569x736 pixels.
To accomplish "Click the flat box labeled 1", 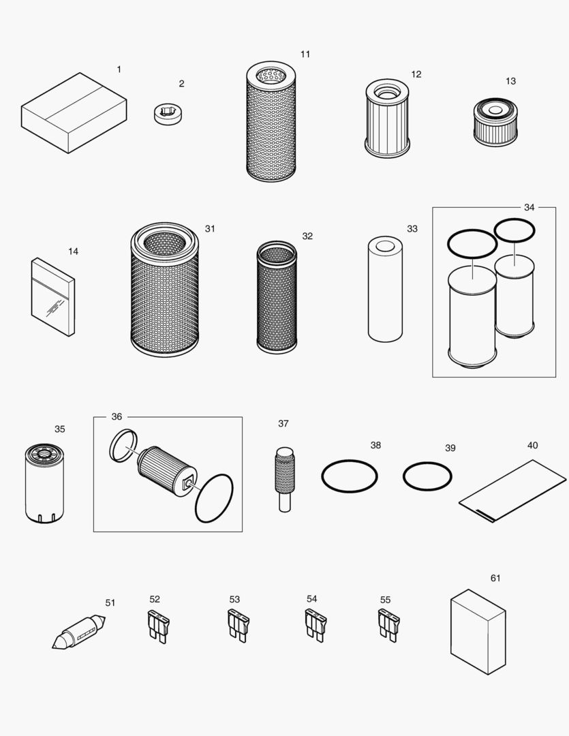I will pos(74,113).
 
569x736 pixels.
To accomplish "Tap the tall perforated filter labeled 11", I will pos(271,123).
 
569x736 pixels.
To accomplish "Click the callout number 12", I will pos(416,74).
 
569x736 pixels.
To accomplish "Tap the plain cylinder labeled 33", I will pos(385,289).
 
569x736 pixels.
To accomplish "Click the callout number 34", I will pos(529,207).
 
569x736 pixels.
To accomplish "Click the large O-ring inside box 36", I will pos(214,498).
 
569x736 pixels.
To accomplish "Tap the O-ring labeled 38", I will pos(349,476).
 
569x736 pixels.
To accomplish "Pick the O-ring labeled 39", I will pos(427,476).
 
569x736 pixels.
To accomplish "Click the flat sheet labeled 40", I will pos(512,489).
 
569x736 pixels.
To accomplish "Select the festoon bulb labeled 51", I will pos(79,632).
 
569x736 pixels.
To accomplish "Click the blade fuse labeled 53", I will pos(238,625).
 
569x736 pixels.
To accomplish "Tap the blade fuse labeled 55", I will pos(388,625).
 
